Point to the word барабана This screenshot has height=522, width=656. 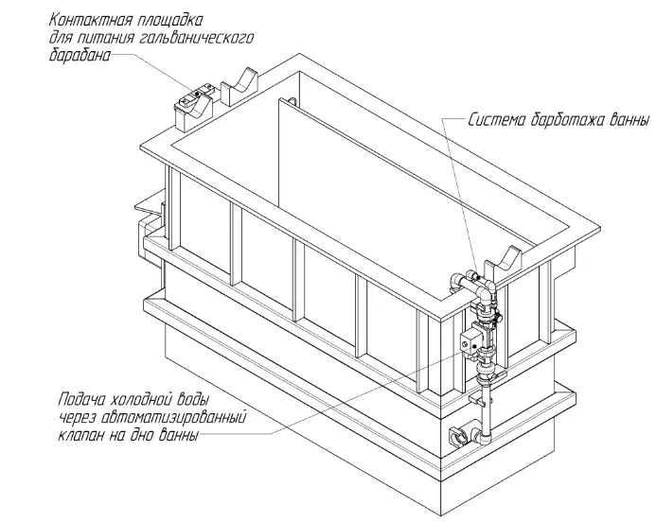pyautogui.click(x=80, y=55)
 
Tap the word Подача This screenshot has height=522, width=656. pyautogui.click(x=82, y=399)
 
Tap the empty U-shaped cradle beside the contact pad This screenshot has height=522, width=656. pyautogui.click(x=239, y=87)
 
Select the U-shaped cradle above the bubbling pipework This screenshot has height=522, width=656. pyautogui.click(x=502, y=265)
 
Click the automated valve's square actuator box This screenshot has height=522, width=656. pyautogui.click(x=470, y=341)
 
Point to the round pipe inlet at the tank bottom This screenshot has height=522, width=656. pyautogui.click(x=458, y=437)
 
